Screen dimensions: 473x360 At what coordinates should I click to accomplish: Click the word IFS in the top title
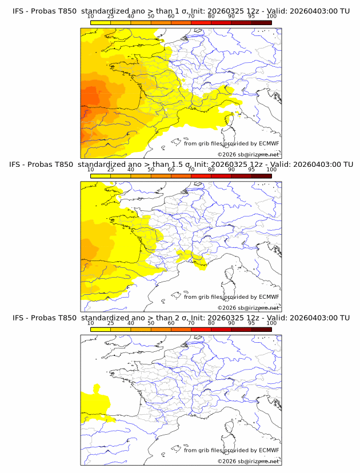tap(18, 11)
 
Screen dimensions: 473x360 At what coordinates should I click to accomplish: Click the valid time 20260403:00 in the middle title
tap(318, 165)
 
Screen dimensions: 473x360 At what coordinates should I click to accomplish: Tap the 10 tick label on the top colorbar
tap(91, 17)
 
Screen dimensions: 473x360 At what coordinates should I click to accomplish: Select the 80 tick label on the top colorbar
tap(211, 17)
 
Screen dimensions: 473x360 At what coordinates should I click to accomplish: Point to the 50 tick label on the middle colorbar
tap(151, 170)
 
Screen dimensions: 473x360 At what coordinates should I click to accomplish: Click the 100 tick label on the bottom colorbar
tap(271, 323)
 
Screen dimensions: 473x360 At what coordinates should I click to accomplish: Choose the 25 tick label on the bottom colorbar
tap(111, 323)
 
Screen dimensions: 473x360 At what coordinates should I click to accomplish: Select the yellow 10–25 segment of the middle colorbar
tap(101, 176)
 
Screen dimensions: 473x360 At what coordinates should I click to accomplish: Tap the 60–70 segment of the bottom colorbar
tap(181, 329)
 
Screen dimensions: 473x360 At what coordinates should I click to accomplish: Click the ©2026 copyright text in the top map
tap(227, 155)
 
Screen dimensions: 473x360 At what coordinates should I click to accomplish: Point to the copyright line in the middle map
tap(248, 308)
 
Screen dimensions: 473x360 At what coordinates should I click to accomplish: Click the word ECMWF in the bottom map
tap(269, 450)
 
